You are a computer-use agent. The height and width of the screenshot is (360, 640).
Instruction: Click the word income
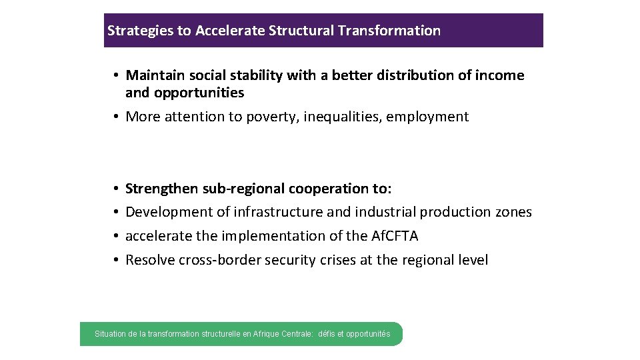coord(500,75)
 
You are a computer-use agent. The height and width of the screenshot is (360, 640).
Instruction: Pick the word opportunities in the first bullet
coord(203,93)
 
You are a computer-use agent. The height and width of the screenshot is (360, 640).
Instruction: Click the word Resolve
coord(150,260)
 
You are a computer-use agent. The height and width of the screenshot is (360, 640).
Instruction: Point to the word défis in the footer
coord(327,334)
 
